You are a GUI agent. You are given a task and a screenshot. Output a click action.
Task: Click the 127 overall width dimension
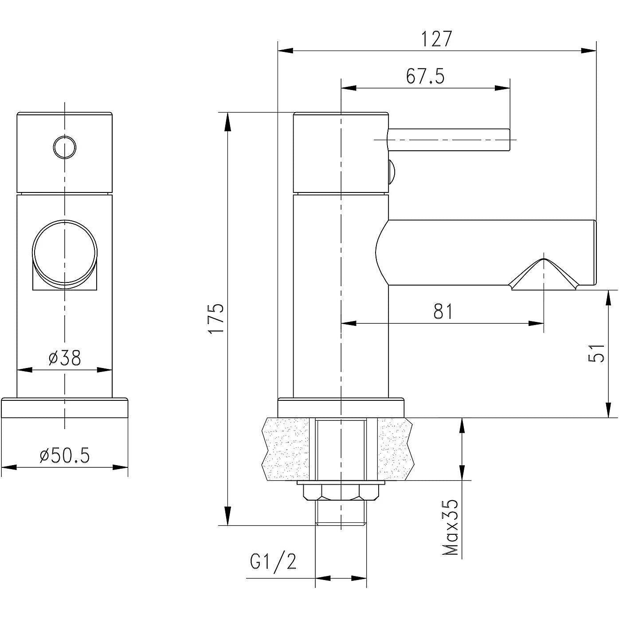point(436,39)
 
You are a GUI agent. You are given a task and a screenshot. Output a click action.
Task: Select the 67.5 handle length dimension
point(425,76)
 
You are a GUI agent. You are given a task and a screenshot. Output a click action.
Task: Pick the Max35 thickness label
point(451,528)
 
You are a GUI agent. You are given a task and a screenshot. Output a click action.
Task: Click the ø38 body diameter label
point(65,358)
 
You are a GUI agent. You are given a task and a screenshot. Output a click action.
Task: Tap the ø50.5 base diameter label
point(65,455)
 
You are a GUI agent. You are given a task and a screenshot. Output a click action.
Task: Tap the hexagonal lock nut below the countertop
point(341,492)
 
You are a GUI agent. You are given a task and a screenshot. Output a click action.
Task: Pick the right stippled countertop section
point(396,449)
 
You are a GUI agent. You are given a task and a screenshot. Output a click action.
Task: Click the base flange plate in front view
point(65,408)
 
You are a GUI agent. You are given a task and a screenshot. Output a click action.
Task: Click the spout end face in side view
point(594,253)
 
